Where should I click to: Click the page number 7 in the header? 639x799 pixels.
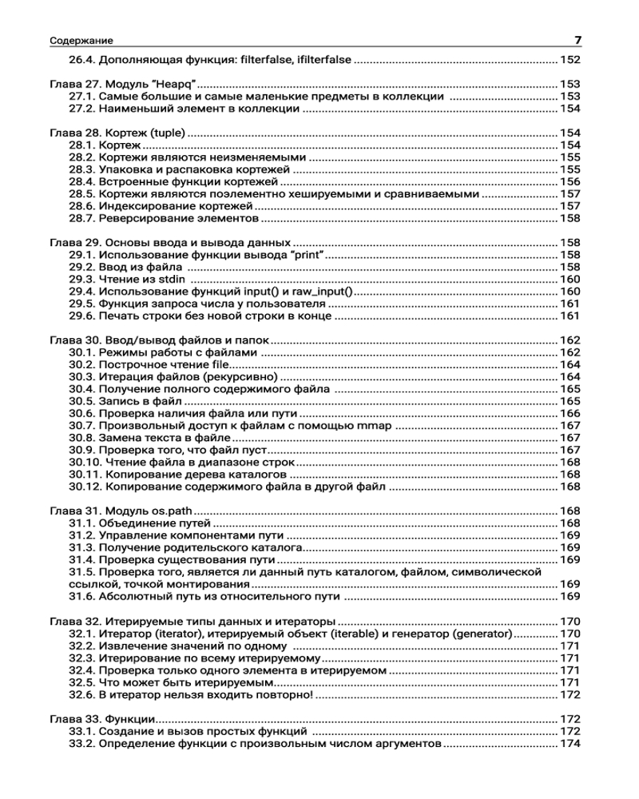click(x=577, y=40)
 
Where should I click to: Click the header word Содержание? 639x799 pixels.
click(x=81, y=41)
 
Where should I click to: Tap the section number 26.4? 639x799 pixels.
click(x=81, y=59)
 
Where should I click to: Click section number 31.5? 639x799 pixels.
click(x=81, y=572)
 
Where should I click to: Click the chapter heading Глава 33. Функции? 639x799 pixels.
click(x=101, y=719)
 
